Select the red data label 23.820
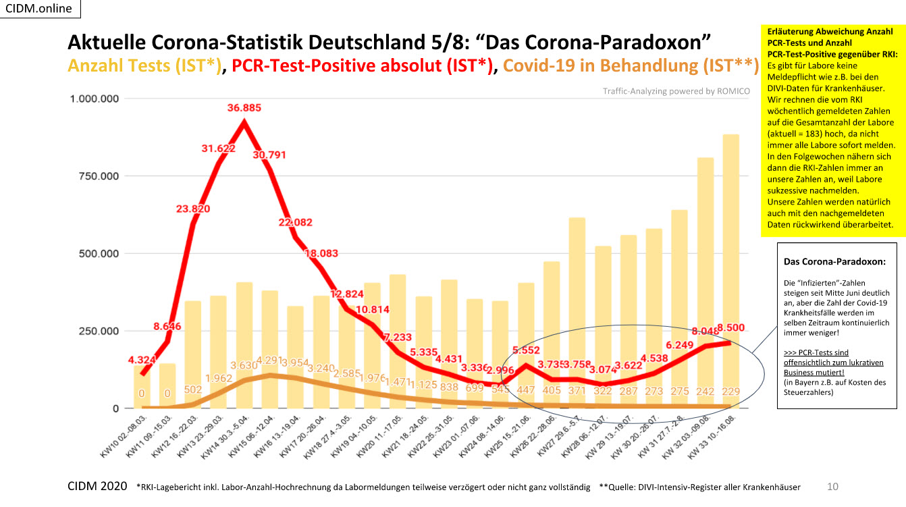pos(190,209)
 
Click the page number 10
pos(832,486)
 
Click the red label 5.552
pos(525,350)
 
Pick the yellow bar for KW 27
pos(577,311)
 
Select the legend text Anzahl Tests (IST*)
pos(144,65)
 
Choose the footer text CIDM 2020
pos(98,486)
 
